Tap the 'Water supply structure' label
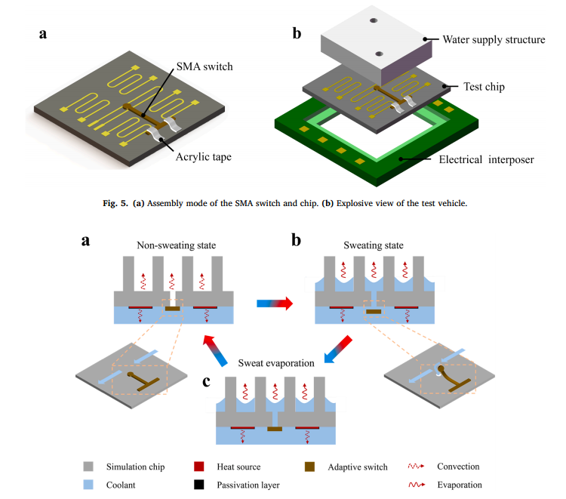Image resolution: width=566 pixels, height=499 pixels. point(494,39)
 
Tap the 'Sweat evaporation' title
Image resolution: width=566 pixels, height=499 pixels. point(271,363)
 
